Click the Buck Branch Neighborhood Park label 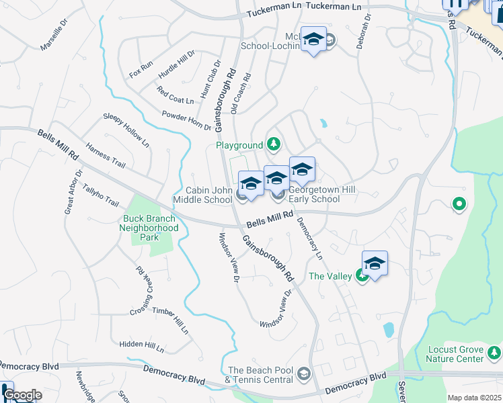coord(149,228)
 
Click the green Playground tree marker coord(274,144)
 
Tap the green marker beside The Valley coord(362,276)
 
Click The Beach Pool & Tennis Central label coord(262,375)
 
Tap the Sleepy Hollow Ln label coord(126,130)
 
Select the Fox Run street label coord(142,69)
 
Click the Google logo coord(22,395)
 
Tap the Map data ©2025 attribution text coord(474,398)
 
